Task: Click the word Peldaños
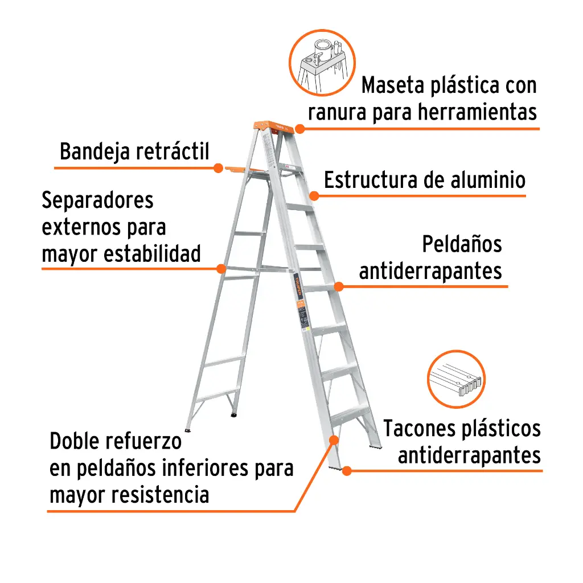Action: [x=462, y=244]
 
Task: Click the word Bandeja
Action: [x=96, y=152]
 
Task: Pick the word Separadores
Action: [x=97, y=200]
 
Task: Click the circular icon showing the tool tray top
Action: [x=322, y=62]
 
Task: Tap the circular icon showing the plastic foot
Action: [x=456, y=379]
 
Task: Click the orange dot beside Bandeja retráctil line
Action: [x=218, y=168]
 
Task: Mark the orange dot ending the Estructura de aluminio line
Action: [x=313, y=195]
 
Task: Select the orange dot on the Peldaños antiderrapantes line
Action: [x=338, y=286]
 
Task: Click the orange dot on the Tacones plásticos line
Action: [x=346, y=470]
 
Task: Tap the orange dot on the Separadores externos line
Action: [x=221, y=268]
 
